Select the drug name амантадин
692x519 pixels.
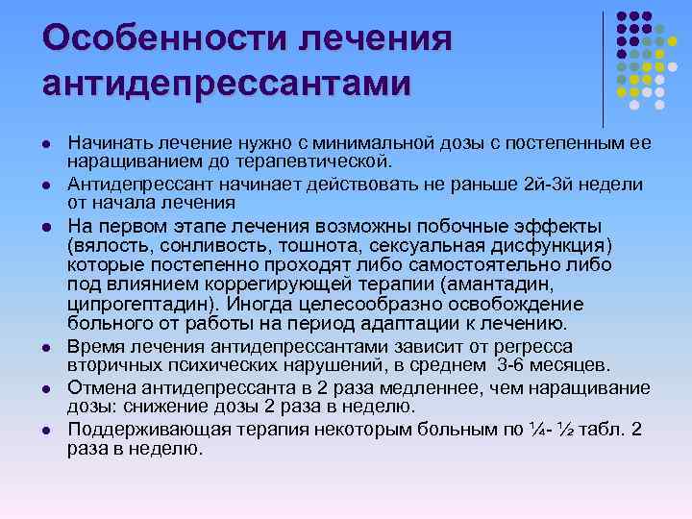click(x=499, y=285)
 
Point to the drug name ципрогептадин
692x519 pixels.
click(x=144, y=305)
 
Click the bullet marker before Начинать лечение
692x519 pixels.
click(x=45, y=143)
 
